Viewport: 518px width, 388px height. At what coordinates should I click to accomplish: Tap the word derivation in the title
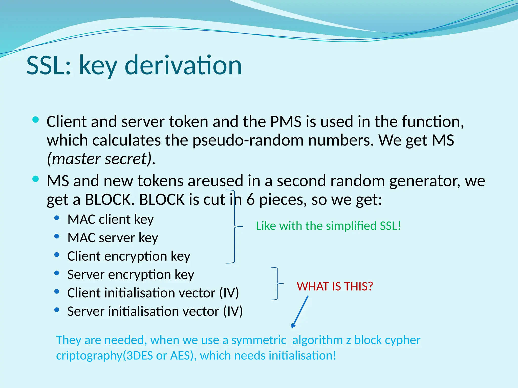pos(183,66)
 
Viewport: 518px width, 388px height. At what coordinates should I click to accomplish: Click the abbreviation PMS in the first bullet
pos(286,122)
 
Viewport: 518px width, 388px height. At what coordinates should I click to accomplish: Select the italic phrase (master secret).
pos(101,159)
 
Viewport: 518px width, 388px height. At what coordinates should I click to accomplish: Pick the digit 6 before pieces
pos(250,200)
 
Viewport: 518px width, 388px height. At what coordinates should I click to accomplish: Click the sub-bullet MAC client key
pos(111,219)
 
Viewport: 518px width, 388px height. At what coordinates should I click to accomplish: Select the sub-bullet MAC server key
pos(113,238)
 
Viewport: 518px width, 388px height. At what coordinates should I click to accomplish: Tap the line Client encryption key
pos(129,256)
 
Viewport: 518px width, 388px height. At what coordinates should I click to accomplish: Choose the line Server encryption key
pos(131,275)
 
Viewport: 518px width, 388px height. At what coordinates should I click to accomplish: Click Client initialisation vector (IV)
pos(153,293)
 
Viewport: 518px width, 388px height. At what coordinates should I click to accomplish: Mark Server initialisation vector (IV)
pos(155,311)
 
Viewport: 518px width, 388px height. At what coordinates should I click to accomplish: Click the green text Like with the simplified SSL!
pos(328,226)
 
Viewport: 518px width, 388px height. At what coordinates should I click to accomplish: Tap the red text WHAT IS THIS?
pos(335,286)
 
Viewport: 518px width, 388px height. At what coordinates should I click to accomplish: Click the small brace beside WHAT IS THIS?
pos(277,283)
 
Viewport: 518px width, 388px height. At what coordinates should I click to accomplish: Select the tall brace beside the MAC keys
pos(234,227)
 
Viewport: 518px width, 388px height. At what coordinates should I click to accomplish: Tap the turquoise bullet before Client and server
pos(36,120)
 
